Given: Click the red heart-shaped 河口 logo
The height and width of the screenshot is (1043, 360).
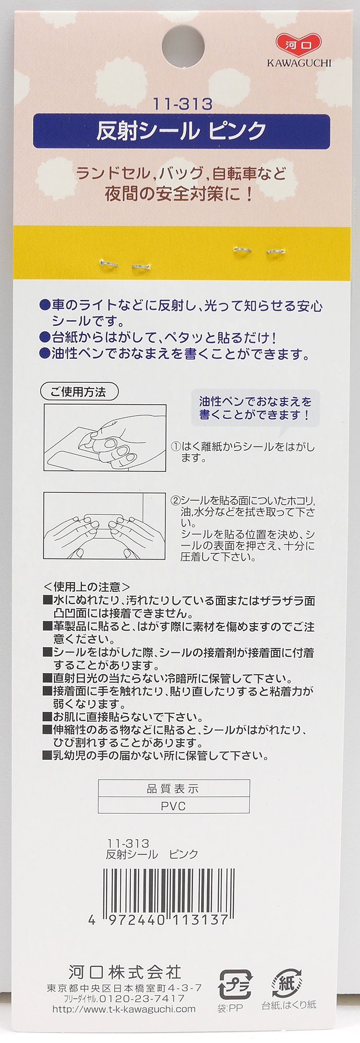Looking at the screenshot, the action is (x=299, y=44).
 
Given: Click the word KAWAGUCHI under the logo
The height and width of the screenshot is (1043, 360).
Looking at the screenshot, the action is (x=299, y=63).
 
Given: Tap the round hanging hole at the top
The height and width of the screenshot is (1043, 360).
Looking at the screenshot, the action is (x=183, y=43).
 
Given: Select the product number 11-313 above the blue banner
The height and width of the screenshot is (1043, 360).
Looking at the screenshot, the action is (x=183, y=104).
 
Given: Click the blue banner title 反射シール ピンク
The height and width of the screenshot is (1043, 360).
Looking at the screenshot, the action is (x=182, y=131).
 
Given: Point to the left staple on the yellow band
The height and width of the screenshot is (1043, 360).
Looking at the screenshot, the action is (x=125, y=265).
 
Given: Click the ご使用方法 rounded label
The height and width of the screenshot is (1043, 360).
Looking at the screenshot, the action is (x=79, y=392).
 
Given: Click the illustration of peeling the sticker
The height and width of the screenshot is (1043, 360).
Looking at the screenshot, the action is (x=105, y=438).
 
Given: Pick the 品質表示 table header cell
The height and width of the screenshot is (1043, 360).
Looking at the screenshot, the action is (x=174, y=789).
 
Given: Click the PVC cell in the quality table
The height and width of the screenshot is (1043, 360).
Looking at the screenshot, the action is (x=174, y=806).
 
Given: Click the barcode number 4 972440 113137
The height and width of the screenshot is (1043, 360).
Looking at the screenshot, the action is (x=159, y=919).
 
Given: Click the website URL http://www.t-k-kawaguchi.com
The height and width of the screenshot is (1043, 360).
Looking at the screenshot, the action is (x=124, y=1009).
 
